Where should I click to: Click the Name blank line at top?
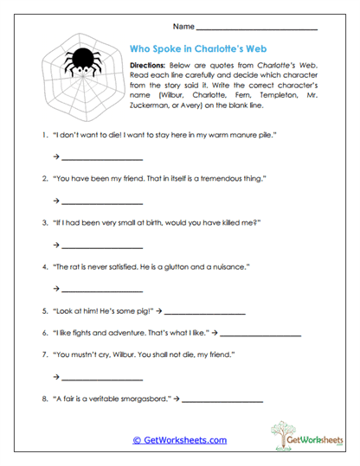point(268,29)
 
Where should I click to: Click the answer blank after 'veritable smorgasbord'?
point(222,401)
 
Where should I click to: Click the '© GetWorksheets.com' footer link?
point(179,440)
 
